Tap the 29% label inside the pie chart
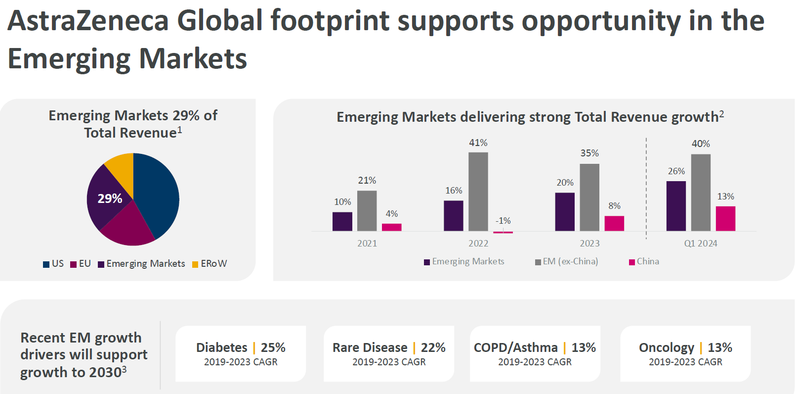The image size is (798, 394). pyautogui.click(x=110, y=198)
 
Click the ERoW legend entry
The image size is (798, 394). pyautogui.click(x=210, y=264)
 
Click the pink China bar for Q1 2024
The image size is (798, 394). pyautogui.click(x=725, y=218)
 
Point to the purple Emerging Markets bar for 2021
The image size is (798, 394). pyautogui.click(x=342, y=221)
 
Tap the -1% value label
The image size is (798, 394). pyautogui.click(x=503, y=221)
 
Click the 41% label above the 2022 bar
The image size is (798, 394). pyautogui.click(x=478, y=143)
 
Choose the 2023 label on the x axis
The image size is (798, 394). pyautogui.click(x=589, y=244)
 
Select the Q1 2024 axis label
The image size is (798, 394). pyautogui.click(x=700, y=244)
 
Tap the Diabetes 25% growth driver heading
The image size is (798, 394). pyautogui.click(x=241, y=347)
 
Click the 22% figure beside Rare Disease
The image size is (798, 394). pyautogui.click(x=433, y=347)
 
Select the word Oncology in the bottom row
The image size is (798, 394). pyautogui.click(x=666, y=347)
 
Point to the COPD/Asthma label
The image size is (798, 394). pyautogui.click(x=515, y=347)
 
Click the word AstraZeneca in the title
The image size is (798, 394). pyautogui.click(x=88, y=21)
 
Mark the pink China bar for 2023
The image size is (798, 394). pyautogui.click(x=614, y=223)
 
